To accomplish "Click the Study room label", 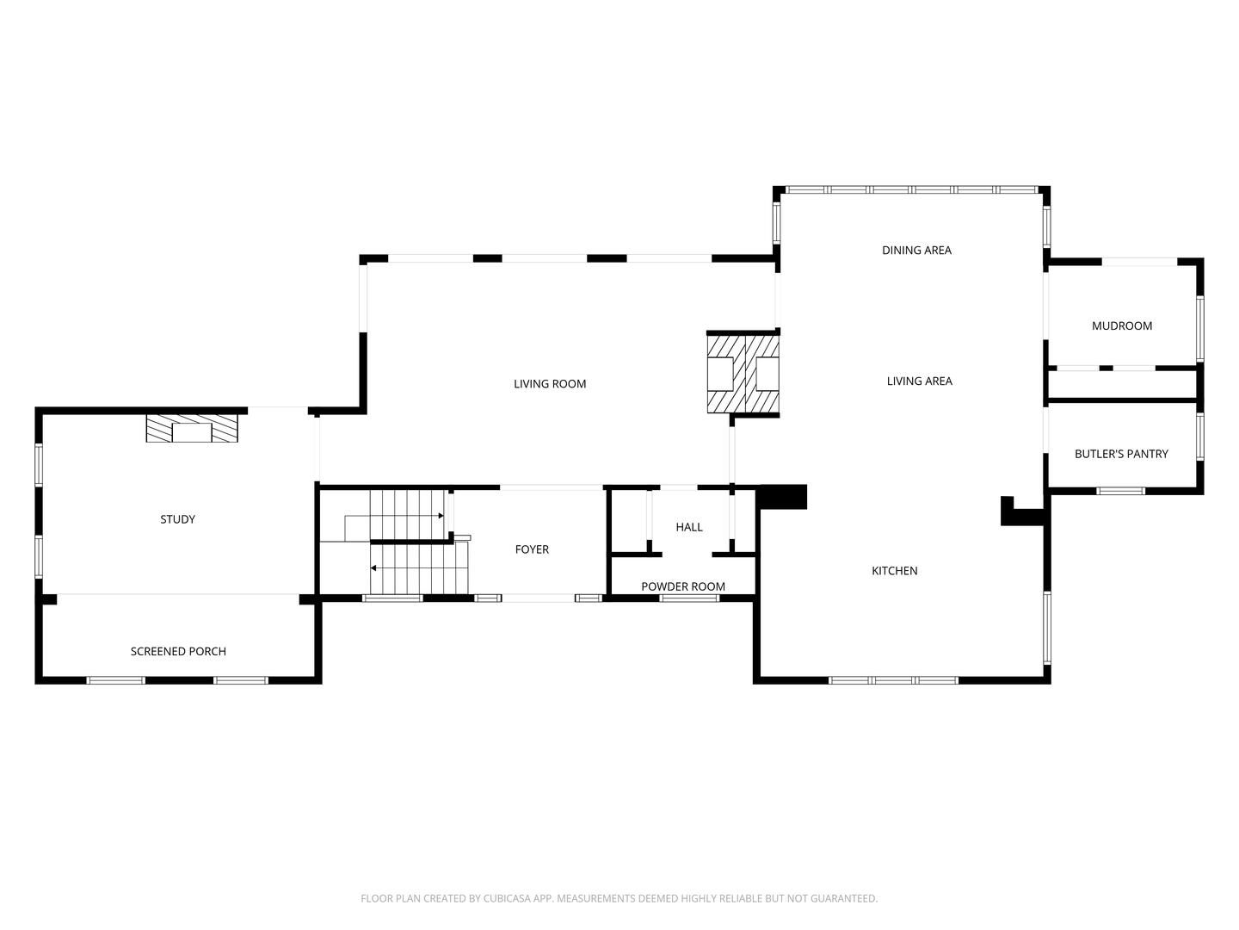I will tap(177, 519).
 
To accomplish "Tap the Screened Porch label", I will tap(178, 652).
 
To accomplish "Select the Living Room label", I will tap(550, 384).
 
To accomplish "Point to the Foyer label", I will tap(532, 549).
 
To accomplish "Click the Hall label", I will tap(689, 527).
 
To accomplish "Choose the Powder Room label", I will tap(683, 586).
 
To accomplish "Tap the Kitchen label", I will tap(895, 571).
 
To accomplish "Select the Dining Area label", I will tap(916, 251).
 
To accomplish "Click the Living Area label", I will tap(919, 381).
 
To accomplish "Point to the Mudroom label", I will tap(1121, 326).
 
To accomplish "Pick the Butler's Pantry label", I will tap(1121, 454).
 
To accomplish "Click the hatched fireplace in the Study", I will tap(192, 429).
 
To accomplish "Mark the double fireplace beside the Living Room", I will tap(743, 374).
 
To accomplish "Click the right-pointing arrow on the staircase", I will tap(441, 516).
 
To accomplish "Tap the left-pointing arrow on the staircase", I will tap(373, 568).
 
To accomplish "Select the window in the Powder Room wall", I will tap(689, 598).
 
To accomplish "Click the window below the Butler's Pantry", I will tap(1120, 491).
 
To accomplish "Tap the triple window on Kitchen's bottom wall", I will tap(893, 680).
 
